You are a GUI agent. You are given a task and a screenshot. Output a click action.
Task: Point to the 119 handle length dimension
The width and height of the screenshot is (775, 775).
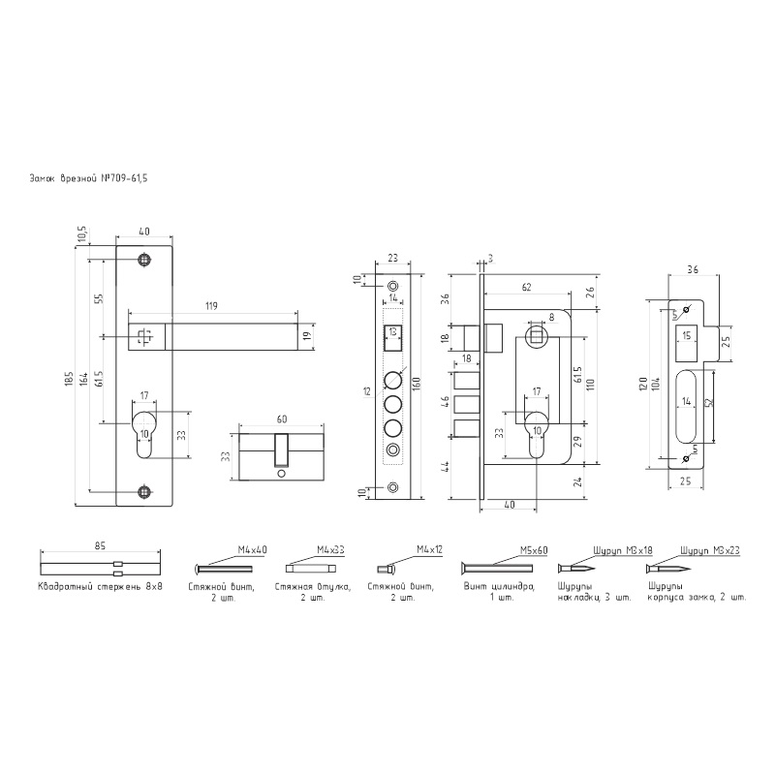(211, 306)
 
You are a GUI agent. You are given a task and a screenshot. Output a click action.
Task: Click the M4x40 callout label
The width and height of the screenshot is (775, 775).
(252, 549)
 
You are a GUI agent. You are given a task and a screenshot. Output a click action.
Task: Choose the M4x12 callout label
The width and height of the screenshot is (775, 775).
(429, 549)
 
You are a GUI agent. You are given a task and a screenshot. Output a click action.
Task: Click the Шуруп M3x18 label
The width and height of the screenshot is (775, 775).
(622, 549)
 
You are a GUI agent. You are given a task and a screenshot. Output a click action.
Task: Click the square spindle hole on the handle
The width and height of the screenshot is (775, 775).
(144, 336)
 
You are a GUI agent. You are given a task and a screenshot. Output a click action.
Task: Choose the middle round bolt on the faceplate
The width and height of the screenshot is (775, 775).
(393, 404)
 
